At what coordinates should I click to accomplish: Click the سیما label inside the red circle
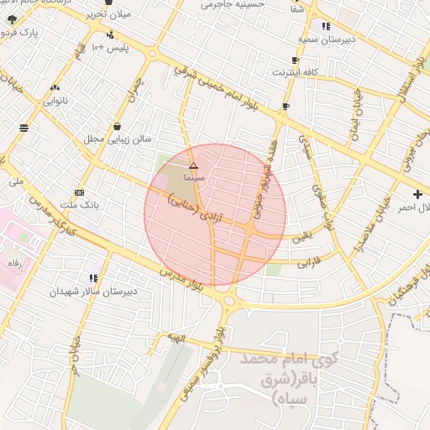[194, 180]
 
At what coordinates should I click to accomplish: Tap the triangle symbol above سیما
[193, 166]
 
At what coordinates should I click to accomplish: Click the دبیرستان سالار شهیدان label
[92, 291]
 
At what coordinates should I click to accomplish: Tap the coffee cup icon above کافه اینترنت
[294, 60]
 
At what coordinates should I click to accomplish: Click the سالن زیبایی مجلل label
[116, 139]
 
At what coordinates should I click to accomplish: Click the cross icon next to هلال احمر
[418, 194]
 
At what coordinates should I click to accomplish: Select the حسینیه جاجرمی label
[230, 5]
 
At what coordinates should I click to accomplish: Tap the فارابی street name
[310, 261]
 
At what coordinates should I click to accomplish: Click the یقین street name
[301, 238]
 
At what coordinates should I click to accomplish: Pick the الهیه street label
[174, 337]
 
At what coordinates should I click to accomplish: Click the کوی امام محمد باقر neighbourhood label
[287, 377]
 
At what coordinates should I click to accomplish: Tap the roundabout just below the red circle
[229, 296]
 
